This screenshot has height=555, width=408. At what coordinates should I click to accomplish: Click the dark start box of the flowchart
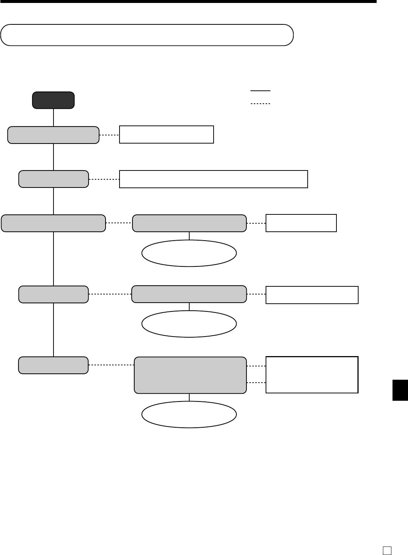[53, 100]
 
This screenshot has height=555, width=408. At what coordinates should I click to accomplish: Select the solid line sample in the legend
[260, 90]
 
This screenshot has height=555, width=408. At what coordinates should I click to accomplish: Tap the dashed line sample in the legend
[260, 104]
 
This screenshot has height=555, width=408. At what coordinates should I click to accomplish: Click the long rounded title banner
[147, 35]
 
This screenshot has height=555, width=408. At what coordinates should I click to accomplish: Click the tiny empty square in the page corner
[387, 550]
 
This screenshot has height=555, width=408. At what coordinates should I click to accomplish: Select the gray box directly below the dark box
[53, 135]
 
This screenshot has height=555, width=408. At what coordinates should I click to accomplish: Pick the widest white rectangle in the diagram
[214, 179]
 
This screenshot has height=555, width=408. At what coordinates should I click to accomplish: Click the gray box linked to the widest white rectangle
[53, 179]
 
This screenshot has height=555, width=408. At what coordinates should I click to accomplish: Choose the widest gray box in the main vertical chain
[53, 223]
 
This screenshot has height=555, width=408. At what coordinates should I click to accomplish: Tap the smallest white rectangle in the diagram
[301, 223]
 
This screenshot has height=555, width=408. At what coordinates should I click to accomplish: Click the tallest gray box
[190, 375]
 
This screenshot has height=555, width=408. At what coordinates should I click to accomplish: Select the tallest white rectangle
[312, 375]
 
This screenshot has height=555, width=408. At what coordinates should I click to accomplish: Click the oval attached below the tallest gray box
[189, 414]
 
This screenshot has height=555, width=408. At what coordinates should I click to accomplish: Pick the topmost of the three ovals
[189, 253]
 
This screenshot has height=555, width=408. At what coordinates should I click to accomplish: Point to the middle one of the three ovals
[189, 324]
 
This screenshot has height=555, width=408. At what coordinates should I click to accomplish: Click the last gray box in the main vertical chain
[53, 365]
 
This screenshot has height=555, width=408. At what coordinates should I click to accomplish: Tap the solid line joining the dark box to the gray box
[53, 117]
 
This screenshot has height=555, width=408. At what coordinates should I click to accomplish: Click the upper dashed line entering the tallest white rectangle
[256, 366]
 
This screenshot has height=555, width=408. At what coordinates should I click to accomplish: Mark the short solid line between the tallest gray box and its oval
[189, 397]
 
